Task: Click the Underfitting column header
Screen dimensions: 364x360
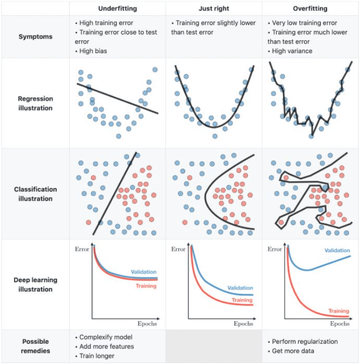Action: [x=117, y=8]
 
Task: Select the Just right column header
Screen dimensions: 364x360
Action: [x=214, y=8]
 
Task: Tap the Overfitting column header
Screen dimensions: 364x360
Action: [x=310, y=8]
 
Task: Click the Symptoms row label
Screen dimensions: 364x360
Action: [x=34, y=36]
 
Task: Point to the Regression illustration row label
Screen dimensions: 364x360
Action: [x=35, y=103]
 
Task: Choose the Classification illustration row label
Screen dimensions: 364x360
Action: [x=35, y=194]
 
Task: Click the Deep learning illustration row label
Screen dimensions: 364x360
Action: [x=35, y=285]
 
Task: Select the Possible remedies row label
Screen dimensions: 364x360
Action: [x=35, y=346]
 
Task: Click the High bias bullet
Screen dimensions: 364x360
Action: [x=93, y=51]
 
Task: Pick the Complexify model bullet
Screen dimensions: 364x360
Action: [x=104, y=337]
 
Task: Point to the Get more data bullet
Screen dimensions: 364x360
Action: [x=293, y=351]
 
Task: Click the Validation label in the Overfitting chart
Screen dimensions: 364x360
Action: [x=337, y=251]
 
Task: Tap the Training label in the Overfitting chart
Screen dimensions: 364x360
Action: [x=339, y=311]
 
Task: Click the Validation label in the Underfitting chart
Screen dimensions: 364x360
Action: [x=143, y=272]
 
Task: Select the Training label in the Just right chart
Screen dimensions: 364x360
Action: [x=242, y=301]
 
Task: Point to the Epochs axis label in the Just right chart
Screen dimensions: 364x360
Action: [x=244, y=324]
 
